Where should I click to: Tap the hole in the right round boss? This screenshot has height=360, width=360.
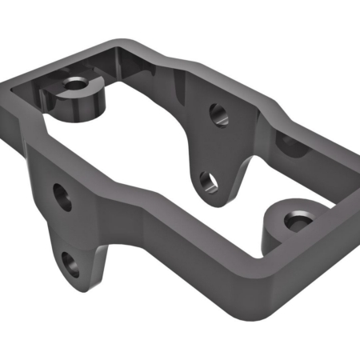tap(299, 219)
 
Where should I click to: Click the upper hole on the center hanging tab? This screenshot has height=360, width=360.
tap(217, 114)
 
